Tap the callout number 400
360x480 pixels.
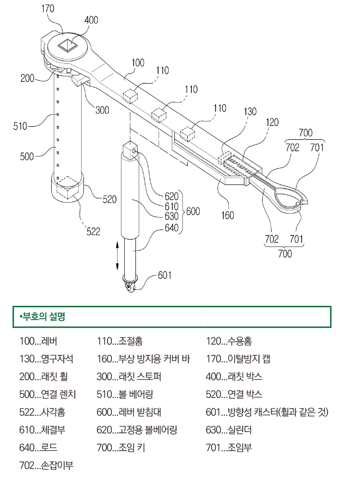(x=91, y=20)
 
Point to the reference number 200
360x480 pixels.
(x=27, y=78)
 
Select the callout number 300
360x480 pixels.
(x=102, y=110)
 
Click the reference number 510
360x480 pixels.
(x=21, y=126)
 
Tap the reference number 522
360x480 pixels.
(x=93, y=232)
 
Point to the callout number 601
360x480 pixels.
(x=164, y=275)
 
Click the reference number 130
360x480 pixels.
(x=250, y=112)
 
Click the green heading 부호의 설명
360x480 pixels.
(x=43, y=317)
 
